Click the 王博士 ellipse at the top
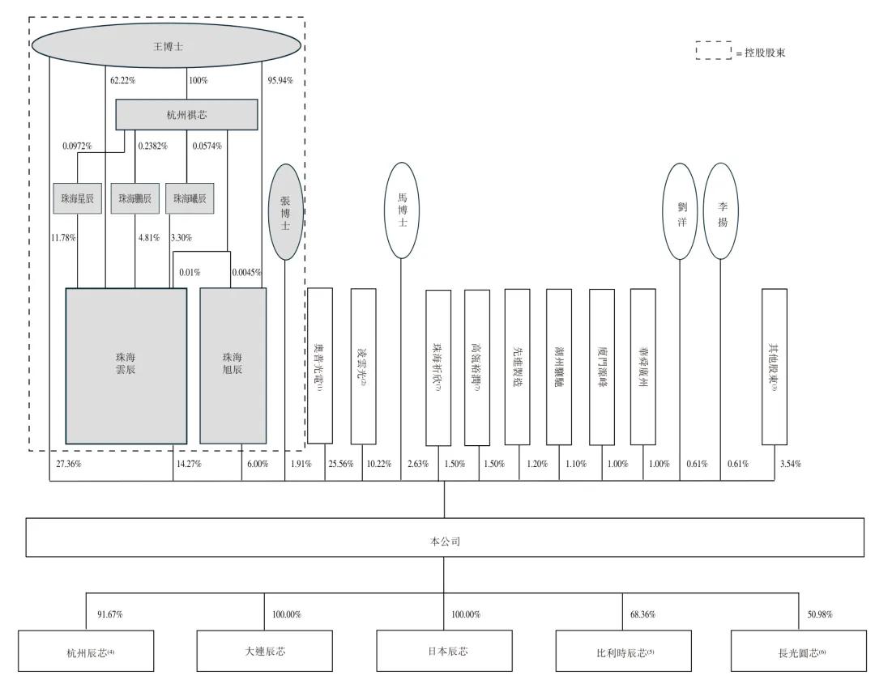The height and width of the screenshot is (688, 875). (168, 46)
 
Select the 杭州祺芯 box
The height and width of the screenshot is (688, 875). (186, 115)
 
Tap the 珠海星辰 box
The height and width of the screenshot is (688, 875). (77, 198)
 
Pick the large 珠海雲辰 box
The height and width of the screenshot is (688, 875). (126, 365)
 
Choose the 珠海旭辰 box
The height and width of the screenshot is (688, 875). (233, 365)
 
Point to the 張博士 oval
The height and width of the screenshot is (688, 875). (285, 212)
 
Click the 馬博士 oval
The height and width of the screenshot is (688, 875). (403, 210)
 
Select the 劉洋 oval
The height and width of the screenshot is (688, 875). (681, 211)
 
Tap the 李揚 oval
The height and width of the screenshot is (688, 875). (721, 211)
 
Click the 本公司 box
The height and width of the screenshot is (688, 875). (445, 537)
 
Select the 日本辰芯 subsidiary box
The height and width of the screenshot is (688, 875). (444, 652)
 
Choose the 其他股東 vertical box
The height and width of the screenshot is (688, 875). (774, 367)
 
